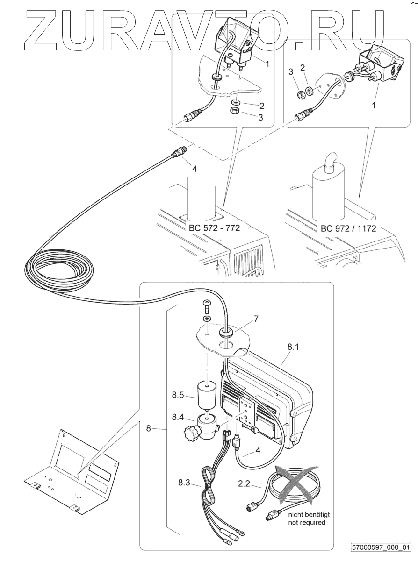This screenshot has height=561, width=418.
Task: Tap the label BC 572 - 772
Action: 215,229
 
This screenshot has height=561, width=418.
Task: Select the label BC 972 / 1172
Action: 348,229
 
